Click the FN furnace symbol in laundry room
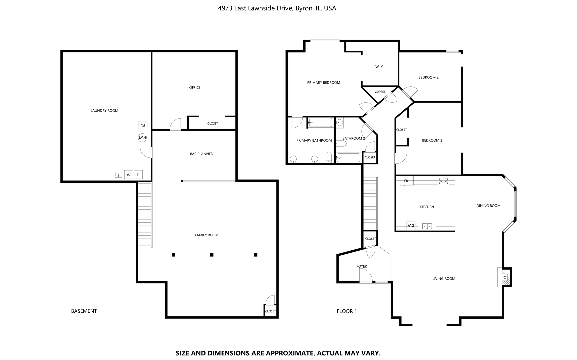[x=143, y=125]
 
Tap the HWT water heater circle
[x=142, y=137]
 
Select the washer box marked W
[x=129, y=175]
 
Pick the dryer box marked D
[x=138, y=175]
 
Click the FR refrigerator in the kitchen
[x=406, y=181]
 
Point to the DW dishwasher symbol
[x=411, y=226]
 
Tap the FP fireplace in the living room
[x=504, y=277]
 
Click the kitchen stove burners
[x=443, y=181]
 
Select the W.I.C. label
[x=380, y=67]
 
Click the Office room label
[x=195, y=88]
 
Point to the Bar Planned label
[x=202, y=154]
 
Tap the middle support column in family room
[x=212, y=255]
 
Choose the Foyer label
[x=362, y=266]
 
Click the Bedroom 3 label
[x=432, y=140]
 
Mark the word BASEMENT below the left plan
[x=84, y=311]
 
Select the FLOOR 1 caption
[x=347, y=311]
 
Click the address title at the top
[x=277, y=8]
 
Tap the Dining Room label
[x=488, y=206]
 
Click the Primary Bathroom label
[x=314, y=140]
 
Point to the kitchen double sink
[x=427, y=226]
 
